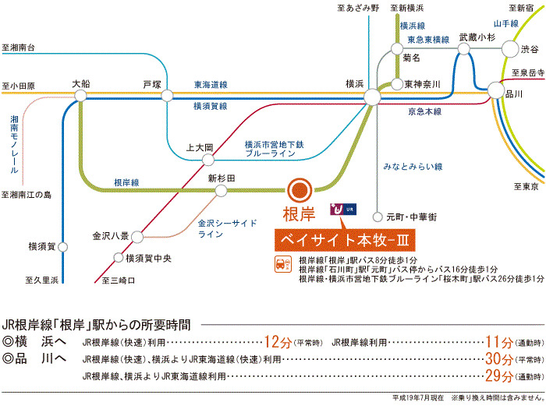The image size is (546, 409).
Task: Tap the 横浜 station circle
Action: (x=372, y=96)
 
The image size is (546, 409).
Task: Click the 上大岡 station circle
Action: (x=208, y=159)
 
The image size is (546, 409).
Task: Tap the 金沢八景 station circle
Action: (x=136, y=234)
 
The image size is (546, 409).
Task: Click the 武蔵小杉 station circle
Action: (x=465, y=49)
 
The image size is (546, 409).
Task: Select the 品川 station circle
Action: (x=496, y=91)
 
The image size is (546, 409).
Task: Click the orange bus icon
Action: (x=280, y=265)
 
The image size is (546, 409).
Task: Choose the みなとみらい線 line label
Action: (x=413, y=167)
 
